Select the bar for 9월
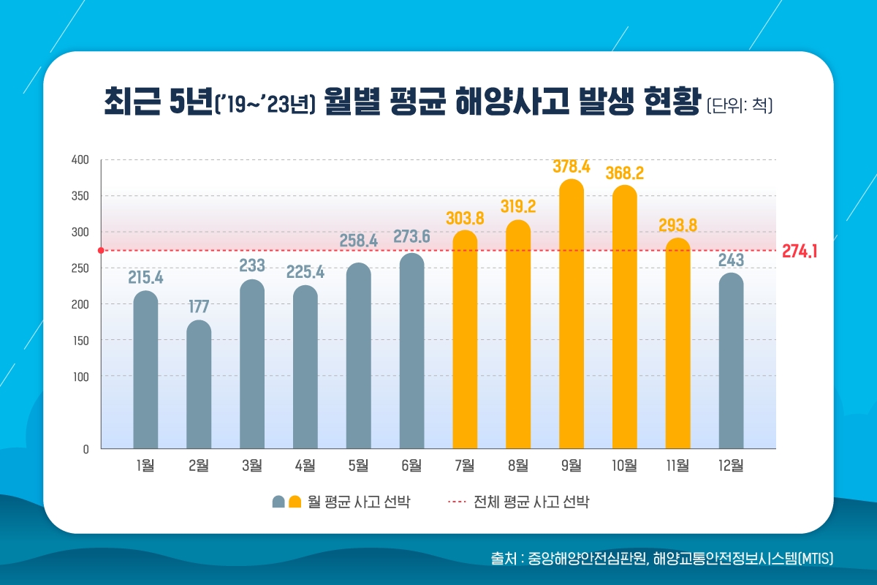572,314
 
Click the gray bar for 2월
199,385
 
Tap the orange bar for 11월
678,344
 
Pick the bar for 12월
731,361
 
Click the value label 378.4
572,167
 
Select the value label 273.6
411,237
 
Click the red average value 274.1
800,252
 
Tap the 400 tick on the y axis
80,160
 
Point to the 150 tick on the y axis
80,341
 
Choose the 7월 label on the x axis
465,466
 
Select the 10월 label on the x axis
624,466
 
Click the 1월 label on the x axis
145,466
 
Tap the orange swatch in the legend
295,502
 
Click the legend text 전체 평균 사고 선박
531,502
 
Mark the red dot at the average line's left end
101,251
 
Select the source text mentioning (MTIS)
662,558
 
